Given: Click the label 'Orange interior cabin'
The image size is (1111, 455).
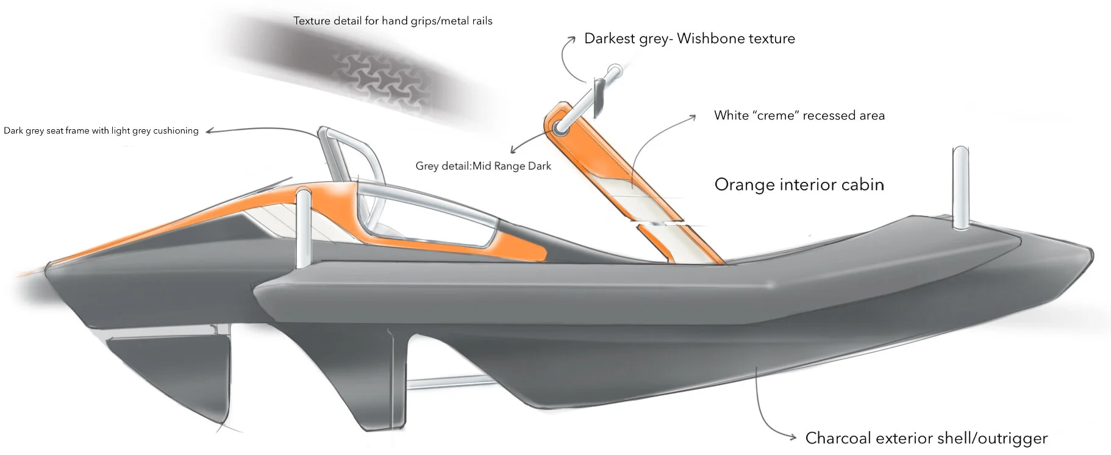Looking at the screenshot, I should (799, 185).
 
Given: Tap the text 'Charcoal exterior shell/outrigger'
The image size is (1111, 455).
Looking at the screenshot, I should (926, 438).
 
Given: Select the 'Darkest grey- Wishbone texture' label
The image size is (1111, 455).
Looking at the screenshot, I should (689, 38).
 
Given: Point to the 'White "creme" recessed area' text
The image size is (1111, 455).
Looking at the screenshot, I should (799, 115).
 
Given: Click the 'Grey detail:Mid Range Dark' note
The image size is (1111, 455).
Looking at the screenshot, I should (483, 166).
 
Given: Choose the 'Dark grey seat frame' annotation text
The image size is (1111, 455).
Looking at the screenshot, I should (101, 131).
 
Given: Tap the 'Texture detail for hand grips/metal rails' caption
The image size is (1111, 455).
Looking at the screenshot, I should (393, 21).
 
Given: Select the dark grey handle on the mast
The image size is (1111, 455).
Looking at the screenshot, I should (599, 95).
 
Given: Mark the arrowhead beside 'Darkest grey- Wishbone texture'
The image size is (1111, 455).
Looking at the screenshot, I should (572, 38).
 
